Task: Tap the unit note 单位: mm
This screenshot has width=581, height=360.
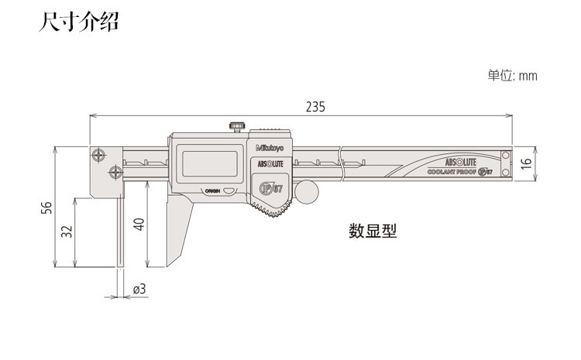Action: coord(511,76)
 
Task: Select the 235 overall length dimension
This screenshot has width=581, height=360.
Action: coord(315,107)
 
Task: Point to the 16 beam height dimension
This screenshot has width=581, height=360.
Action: coord(526,164)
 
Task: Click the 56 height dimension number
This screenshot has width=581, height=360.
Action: coord(46,207)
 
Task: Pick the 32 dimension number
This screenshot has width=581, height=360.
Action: coord(67,231)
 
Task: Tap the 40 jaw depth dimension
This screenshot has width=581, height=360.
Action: coord(139,225)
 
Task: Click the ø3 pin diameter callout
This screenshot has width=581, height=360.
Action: coord(139,289)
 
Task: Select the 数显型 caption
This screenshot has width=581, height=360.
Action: coord(372,231)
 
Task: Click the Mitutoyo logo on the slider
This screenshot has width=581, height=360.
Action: coord(269,147)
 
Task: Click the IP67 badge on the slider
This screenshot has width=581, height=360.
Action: coord(268,188)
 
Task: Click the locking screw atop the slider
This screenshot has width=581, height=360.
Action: coord(235,125)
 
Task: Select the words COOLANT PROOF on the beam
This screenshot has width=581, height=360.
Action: coord(452,173)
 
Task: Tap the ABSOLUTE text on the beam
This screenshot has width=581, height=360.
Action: coord(459,161)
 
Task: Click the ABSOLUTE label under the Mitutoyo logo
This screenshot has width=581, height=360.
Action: coord(269,163)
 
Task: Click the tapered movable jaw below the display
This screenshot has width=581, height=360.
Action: coord(177,228)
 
